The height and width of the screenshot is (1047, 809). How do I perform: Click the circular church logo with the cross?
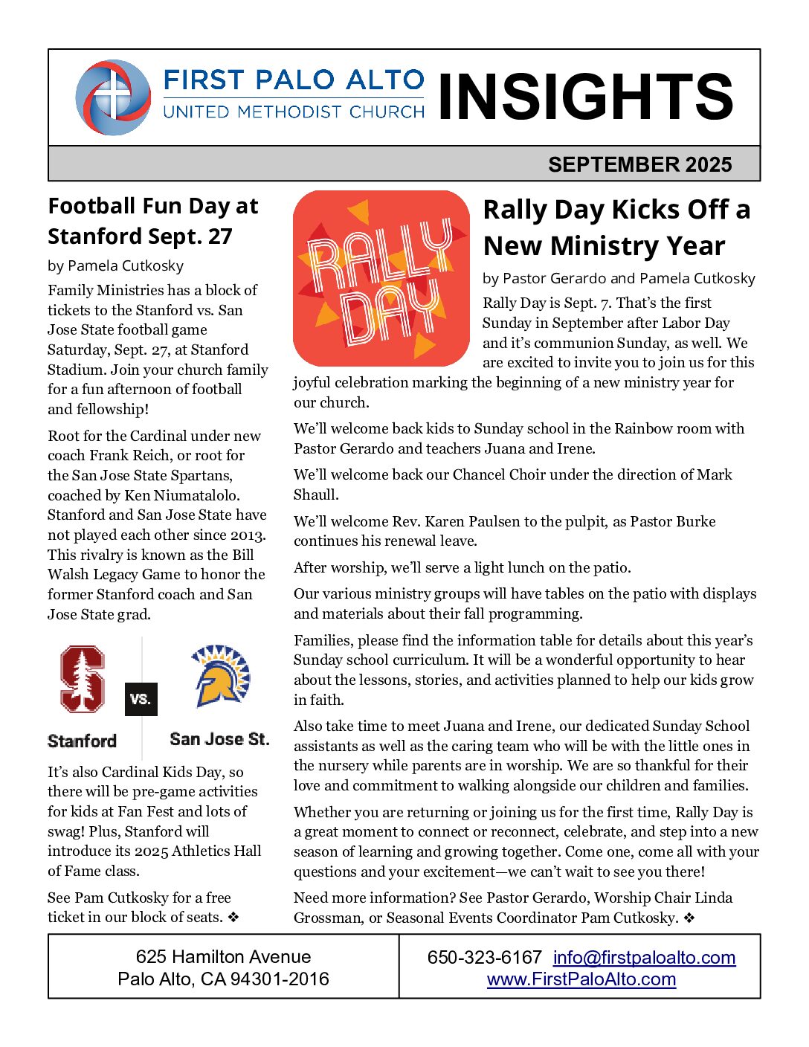point(113,97)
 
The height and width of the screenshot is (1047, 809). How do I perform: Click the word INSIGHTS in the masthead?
point(585,97)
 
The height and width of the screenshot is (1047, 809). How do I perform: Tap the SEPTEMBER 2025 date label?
point(639,164)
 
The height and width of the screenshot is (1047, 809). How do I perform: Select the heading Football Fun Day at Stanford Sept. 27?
point(153,221)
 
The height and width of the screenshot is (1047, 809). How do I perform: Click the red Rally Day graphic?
point(381,278)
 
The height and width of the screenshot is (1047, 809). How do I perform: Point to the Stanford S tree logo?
point(82,679)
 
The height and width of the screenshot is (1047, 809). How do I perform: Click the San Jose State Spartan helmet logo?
point(220,675)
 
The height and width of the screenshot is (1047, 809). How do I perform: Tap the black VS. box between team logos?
point(141,699)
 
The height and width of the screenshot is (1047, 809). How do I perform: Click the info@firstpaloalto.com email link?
point(644,957)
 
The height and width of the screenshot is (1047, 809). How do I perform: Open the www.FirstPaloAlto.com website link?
point(581,979)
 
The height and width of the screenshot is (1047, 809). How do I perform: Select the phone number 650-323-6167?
point(484,957)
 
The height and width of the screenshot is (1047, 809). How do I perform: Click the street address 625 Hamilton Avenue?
point(223,956)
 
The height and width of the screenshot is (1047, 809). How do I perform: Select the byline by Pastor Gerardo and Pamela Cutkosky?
point(619,278)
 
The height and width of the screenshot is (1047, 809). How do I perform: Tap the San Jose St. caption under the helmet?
point(219,739)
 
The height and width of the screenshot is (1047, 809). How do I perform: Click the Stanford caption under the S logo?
point(82,741)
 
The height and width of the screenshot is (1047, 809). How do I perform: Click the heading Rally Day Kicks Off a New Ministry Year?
point(616,228)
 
